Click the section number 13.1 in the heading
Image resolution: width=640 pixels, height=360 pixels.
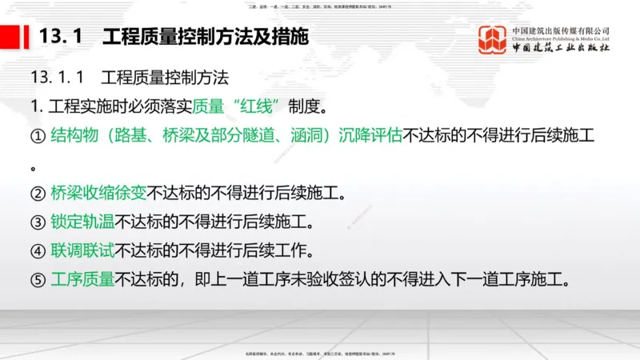58,37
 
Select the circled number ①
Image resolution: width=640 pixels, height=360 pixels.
37,136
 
